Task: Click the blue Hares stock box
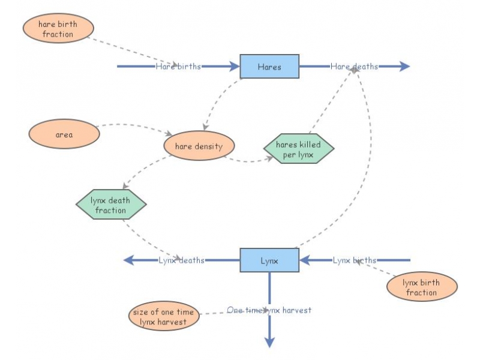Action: click(269, 67)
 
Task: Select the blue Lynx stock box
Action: click(269, 260)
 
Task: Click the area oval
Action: click(64, 134)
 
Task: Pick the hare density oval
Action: click(199, 146)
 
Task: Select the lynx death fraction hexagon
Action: click(111, 205)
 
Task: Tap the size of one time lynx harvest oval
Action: click(164, 317)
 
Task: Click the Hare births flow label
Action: click(178, 67)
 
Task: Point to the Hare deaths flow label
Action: click(354, 67)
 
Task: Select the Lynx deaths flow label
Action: click(181, 260)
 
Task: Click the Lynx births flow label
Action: click(355, 260)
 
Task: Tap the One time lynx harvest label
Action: click(269, 310)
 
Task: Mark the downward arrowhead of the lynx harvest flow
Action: click(269, 342)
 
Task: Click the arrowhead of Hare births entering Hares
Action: click(235, 67)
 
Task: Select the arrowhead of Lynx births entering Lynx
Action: click(304, 260)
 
